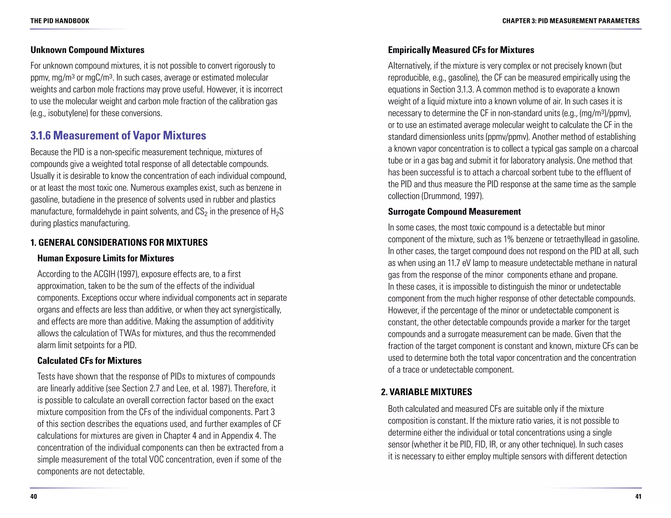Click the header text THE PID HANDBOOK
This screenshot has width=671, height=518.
click(x=60, y=21)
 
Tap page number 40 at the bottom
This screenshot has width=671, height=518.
click(x=33, y=496)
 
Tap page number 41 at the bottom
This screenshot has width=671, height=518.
click(x=638, y=496)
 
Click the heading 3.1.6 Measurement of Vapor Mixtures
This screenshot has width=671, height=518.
click(x=118, y=136)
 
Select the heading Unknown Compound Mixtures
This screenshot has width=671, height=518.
click(x=87, y=50)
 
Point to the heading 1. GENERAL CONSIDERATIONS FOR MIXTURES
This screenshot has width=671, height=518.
click(x=119, y=243)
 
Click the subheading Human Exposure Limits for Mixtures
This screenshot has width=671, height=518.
click(x=105, y=258)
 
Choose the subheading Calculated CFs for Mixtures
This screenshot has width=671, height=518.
click(x=89, y=361)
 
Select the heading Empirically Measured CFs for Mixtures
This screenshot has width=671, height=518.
click(x=461, y=50)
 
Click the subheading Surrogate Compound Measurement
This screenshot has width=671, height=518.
click(x=454, y=212)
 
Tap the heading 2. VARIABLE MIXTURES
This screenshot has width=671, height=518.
click(x=426, y=392)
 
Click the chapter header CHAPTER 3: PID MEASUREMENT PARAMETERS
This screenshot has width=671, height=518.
click(x=571, y=21)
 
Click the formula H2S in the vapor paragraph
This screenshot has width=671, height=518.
click(x=277, y=212)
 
